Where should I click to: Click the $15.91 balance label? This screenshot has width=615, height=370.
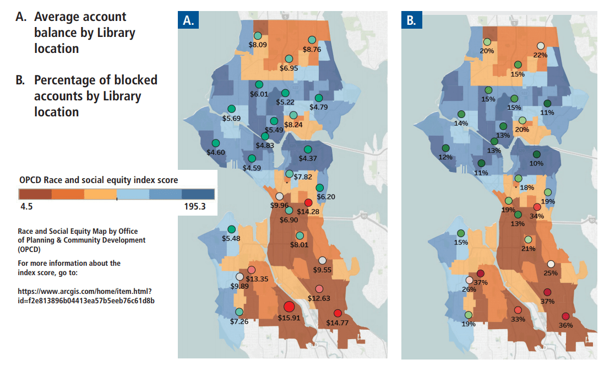pos(289,318)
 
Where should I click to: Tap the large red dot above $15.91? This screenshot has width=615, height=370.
pos(289,307)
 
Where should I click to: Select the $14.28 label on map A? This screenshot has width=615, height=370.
pos(308,212)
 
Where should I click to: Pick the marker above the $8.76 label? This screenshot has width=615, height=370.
pos(312,40)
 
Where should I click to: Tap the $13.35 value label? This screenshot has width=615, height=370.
pos(257,278)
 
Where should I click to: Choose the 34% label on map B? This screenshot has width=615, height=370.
pos(537,216)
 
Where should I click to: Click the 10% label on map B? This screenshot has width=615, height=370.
pos(536,163)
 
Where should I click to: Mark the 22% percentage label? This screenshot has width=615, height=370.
pos(540,55)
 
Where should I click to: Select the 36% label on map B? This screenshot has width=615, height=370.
pos(566,325)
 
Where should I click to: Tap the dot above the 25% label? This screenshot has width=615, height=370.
pos(551,264)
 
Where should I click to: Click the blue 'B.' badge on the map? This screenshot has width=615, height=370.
pos(412,20)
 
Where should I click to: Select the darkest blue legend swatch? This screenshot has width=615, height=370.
pos(198,195)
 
